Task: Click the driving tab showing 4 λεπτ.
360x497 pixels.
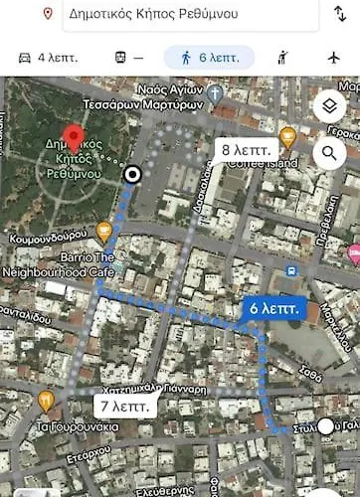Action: click(x=46, y=58)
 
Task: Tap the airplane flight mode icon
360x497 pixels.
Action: click(x=332, y=58)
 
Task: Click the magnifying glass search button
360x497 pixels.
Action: click(x=329, y=153)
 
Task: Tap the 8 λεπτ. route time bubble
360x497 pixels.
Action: click(x=242, y=150)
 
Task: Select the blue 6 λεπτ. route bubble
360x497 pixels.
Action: click(x=272, y=309)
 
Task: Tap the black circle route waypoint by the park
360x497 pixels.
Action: click(x=131, y=176)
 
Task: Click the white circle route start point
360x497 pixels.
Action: click(x=326, y=425)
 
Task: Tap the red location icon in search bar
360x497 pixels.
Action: click(x=48, y=14)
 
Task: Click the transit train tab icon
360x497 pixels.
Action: click(x=120, y=58)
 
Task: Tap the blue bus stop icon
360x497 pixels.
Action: click(x=291, y=270)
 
